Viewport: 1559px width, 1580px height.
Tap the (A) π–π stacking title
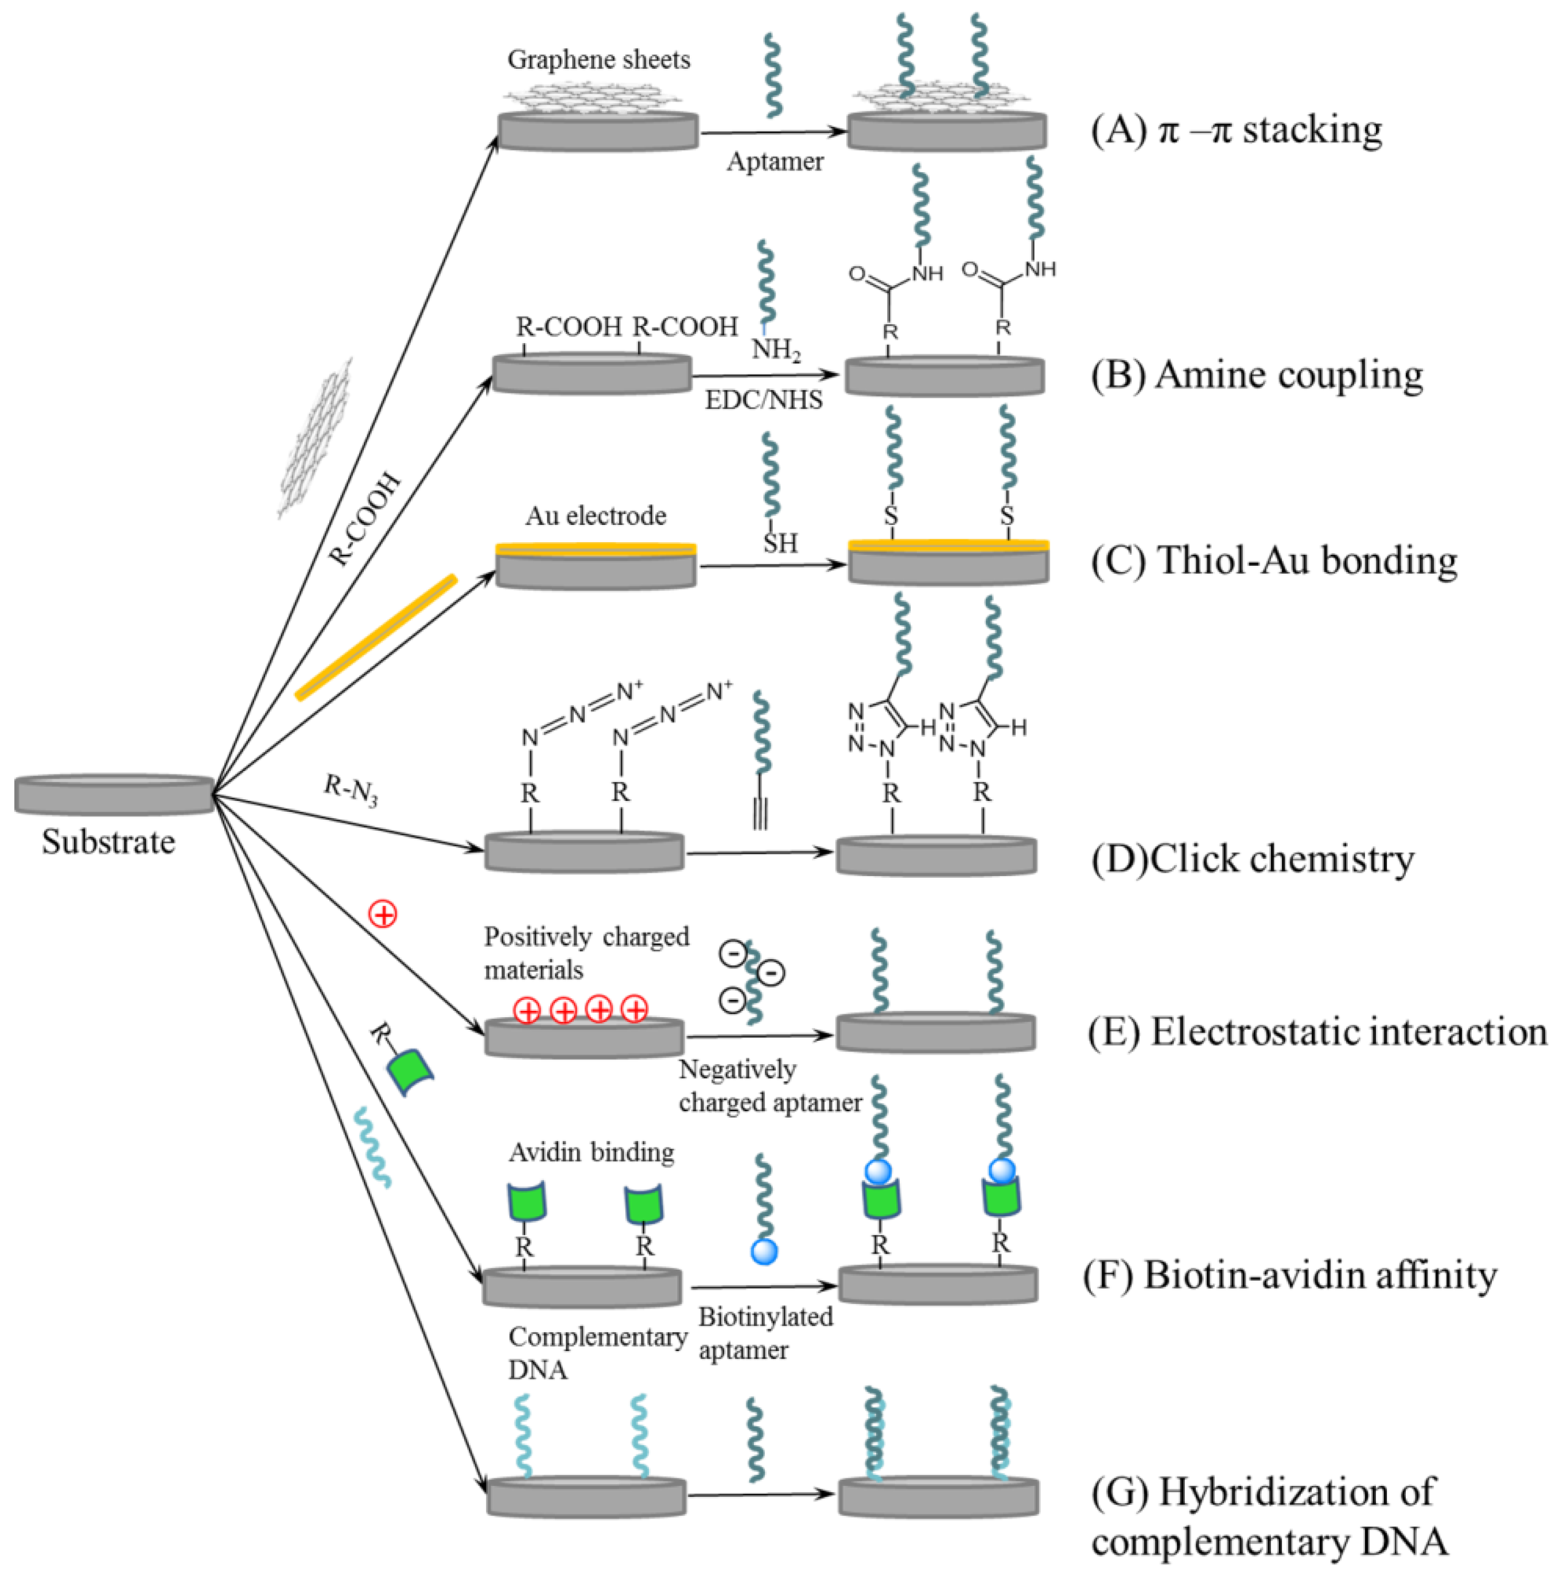[x=1236, y=130]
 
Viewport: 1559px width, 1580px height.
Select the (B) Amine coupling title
[x=1257, y=375]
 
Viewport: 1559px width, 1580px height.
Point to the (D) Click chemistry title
[x=1252, y=859]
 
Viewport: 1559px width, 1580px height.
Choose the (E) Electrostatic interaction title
[x=1317, y=1032]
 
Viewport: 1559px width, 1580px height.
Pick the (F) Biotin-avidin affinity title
[x=1290, y=1274]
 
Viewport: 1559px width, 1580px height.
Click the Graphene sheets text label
[x=598, y=60]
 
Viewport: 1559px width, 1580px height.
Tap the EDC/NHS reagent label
[x=763, y=400]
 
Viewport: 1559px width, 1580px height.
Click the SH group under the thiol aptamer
[x=779, y=543]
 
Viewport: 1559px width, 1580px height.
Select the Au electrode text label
[x=596, y=515]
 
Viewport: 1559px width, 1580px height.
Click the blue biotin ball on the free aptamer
[x=763, y=1251]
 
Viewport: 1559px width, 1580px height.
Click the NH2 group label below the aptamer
[x=775, y=350]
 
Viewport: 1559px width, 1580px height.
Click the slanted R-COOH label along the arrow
[x=365, y=519]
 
